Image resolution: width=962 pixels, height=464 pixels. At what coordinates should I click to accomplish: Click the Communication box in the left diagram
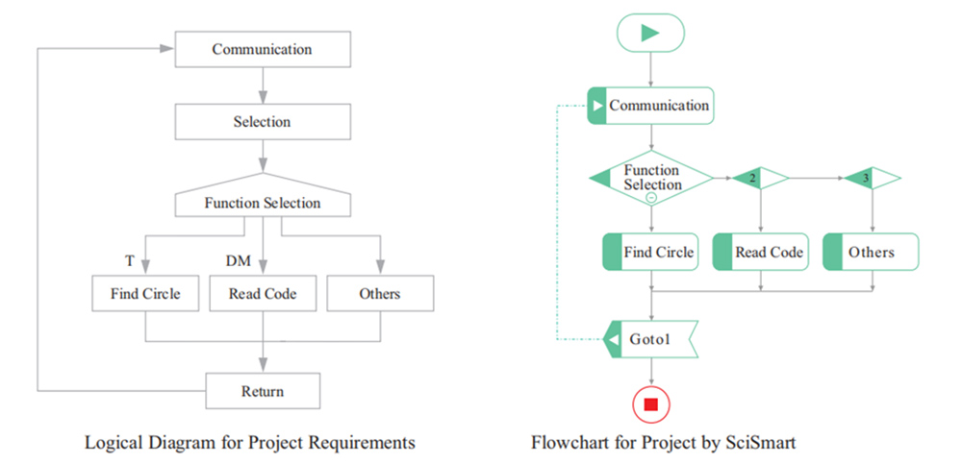tap(262, 49)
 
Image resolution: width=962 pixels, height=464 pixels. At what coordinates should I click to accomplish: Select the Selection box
tap(262, 122)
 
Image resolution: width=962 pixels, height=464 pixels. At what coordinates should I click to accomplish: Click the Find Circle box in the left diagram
tap(144, 293)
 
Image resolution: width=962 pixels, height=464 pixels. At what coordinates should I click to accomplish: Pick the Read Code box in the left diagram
tap(262, 293)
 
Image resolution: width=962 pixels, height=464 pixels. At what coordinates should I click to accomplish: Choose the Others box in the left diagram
tap(379, 293)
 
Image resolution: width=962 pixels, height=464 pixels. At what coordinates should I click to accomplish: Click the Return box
tap(262, 391)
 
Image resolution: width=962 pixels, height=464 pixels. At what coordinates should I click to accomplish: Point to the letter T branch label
tap(129, 261)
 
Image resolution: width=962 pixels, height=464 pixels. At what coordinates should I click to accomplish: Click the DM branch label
tap(238, 261)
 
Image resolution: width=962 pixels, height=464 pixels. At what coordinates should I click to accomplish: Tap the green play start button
tap(650, 33)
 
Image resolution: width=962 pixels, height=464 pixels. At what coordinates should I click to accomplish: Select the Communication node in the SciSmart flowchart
tap(650, 106)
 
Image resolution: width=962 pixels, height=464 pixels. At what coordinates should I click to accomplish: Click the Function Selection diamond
tap(651, 178)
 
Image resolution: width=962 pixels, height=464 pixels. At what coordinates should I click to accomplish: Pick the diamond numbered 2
tap(760, 178)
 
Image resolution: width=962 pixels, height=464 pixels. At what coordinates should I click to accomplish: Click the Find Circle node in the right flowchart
tap(650, 253)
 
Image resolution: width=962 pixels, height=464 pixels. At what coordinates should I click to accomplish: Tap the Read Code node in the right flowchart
tap(761, 253)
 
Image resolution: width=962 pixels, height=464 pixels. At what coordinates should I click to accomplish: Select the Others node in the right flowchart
tap(872, 253)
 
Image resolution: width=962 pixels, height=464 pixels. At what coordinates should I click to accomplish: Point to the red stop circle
tap(650, 404)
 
